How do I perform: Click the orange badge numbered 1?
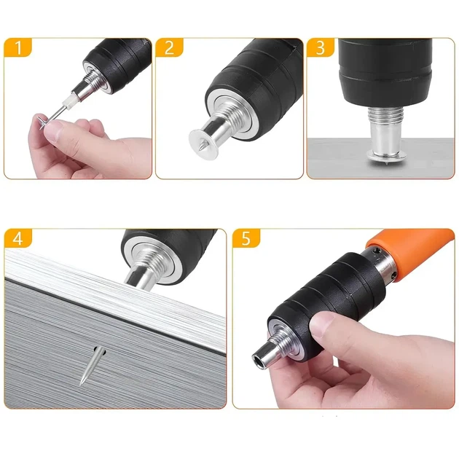pyautogui.click(x=17, y=47)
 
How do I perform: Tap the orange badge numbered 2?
pyautogui.click(x=169, y=47)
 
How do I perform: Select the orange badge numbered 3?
pyautogui.click(x=321, y=47)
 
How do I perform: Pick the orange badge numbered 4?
pyautogui.click(x=18, y=238)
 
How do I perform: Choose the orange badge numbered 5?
pyautogui.click(x=246, y=238)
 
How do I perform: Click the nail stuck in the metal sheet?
pyautogui.click(x=92, y=365)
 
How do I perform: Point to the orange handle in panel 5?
pyautogui.click(x=416, y=254)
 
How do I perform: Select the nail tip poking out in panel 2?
pyautogui.click(x=201, y=146)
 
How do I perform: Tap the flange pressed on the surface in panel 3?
pyautogui.click(x=387, y=157)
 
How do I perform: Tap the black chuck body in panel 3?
pyautogui.click(x=385, y=72)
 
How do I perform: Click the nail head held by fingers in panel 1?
pyautogui.click(x=42, y=122)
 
